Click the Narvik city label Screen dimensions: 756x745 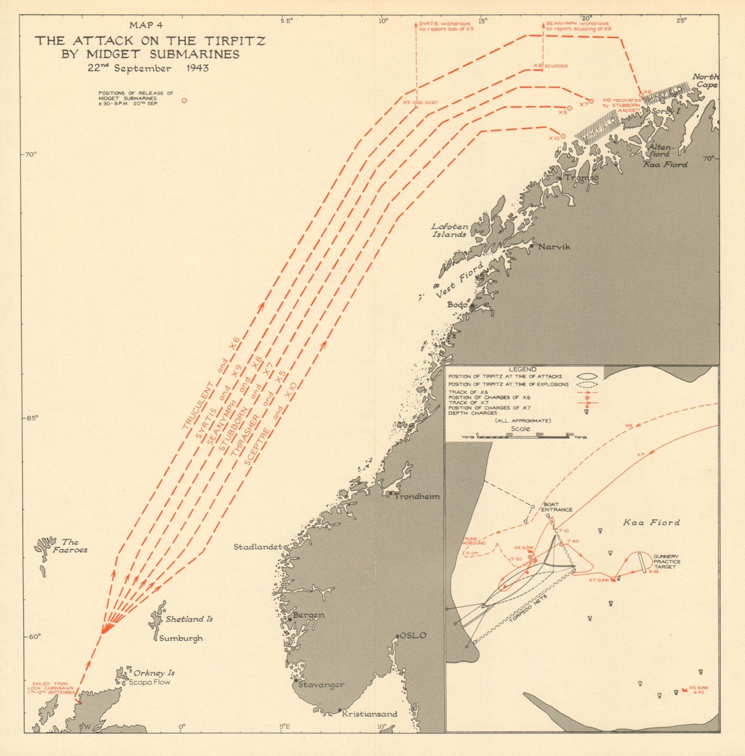click(x=554, y=247)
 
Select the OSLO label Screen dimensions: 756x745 click(x=413, y=636)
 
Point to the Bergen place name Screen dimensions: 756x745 click(x=308, y=615)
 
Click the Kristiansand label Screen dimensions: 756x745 click(x=370, y=714)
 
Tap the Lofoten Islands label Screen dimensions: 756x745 click(x=449, y=231)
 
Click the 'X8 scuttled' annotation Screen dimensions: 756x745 click(x=550, y=66)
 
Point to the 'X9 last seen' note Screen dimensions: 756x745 click(x=420, y=102)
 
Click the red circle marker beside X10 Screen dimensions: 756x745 click(x=563, y=136)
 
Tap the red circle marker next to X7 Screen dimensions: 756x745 click(x=591, y=102)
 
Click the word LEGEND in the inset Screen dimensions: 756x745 click(x=522, y=369)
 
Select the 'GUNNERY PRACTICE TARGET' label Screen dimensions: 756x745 click(x=667, y=562)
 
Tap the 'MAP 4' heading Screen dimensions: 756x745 click(x=146, y=26)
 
